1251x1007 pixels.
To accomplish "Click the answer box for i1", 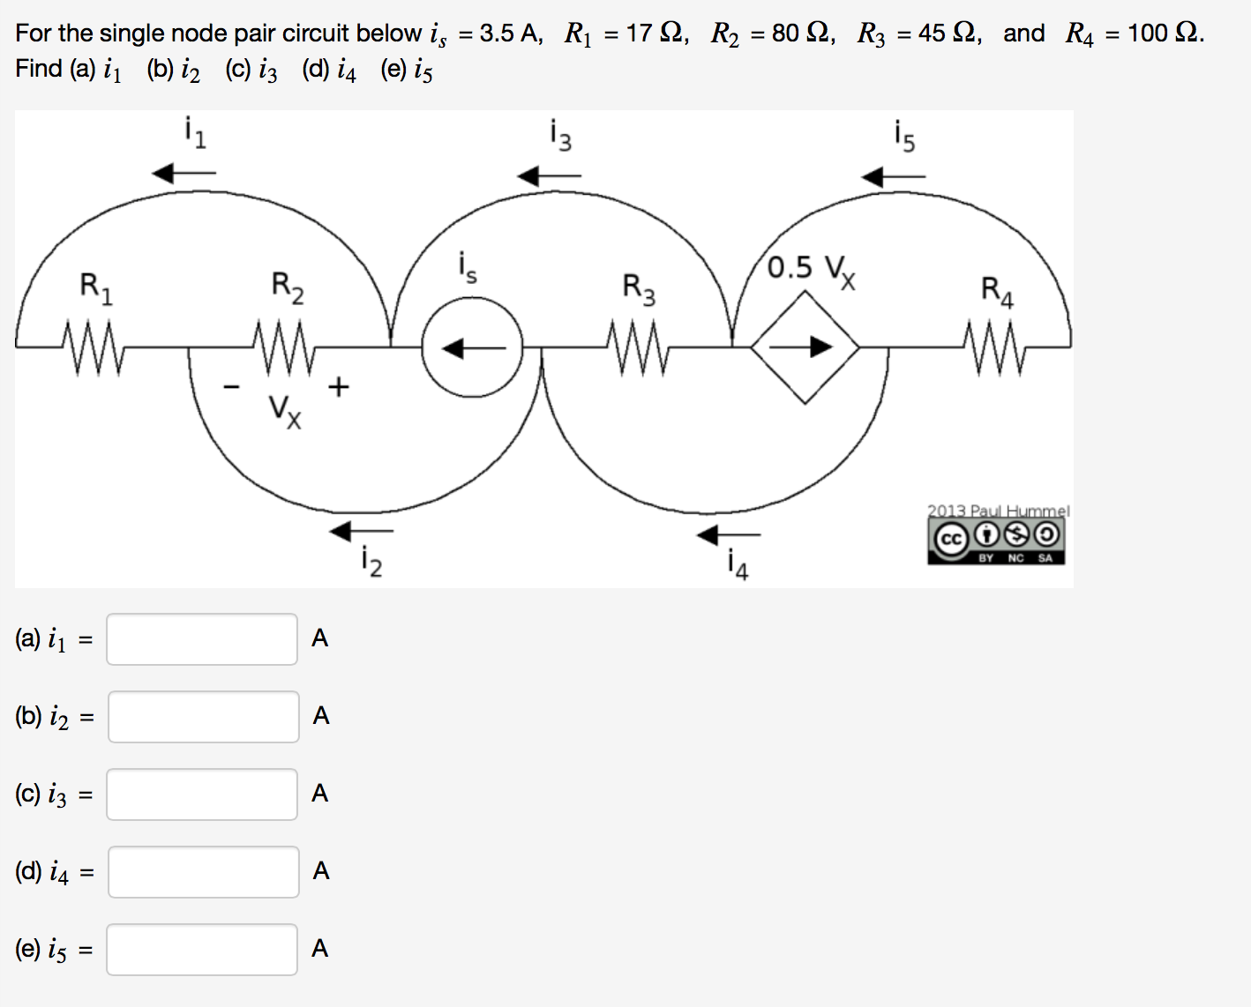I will (x=202, y=639).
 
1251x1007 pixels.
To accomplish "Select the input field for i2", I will (x=203, y=717).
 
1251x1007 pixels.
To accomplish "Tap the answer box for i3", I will (x=202, y=794).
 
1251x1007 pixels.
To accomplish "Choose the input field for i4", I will (x=203, y=872).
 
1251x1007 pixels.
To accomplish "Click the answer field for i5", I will (x=202, y=950).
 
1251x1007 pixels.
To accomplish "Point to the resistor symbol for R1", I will (x=94, y=347).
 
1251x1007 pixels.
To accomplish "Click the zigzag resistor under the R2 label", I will (x=284, y=347).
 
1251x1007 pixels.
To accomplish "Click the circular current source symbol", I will (x=472, y=347).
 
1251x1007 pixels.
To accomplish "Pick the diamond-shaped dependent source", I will (x=805, y=347).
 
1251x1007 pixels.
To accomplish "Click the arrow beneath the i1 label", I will (x=184, y=174).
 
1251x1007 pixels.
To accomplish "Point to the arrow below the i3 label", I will (x=549, y=176).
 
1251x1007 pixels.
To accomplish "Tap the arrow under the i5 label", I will (x=893, y=177).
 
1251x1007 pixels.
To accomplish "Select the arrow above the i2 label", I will (x=361, y=531).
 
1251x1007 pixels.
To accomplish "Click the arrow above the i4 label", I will (x=728, y=534).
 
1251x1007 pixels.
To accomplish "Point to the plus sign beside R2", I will (x=339, y=386).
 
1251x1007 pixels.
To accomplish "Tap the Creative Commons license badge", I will (x=996, y=539).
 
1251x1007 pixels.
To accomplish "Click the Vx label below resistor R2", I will (x=285, y=410).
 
